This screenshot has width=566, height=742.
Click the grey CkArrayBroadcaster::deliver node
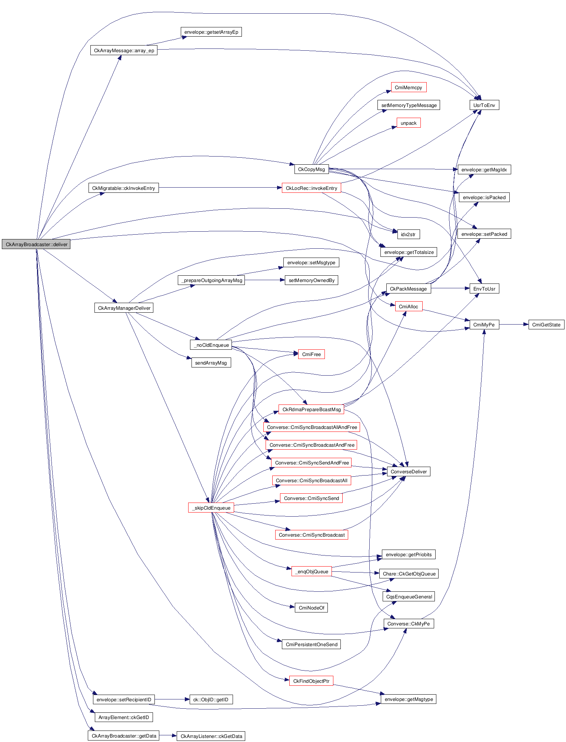click(x=36, y=244)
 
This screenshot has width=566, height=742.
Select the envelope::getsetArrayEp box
click(x=211, y=32)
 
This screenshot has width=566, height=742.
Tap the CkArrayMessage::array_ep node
click(x=124, y=50)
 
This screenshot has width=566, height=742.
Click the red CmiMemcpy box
click(x=408, y=87)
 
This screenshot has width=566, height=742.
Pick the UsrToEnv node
click(x=484, y=105)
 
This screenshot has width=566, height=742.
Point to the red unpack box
click(x=408, y=123)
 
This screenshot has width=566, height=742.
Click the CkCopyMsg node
click(x=311, y=169)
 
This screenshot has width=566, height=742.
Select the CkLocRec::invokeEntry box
click(x=311, y=188)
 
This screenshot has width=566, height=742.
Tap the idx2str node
click(x=408, y=234)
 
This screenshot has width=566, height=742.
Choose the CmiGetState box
click(x=546, y=325)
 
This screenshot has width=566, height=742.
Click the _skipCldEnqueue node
click(x=211, y=508)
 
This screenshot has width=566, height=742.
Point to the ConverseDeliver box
click(x=408, y=471)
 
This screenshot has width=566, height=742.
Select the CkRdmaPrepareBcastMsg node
click(x=311, y=409)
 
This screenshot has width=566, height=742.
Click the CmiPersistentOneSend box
click(x=311, y=644)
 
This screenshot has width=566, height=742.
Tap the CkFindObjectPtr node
click(x=311, y=681)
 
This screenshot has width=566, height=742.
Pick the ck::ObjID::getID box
click(x=211, y=699)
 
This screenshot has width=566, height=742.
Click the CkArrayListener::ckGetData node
click(x=211, y=736)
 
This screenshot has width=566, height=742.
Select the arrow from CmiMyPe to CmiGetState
click(x=513, y=325)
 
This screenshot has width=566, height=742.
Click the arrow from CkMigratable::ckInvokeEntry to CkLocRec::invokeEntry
click(x=220, y=188)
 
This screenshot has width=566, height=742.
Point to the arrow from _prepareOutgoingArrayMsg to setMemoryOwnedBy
click(x=264, y=280)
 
